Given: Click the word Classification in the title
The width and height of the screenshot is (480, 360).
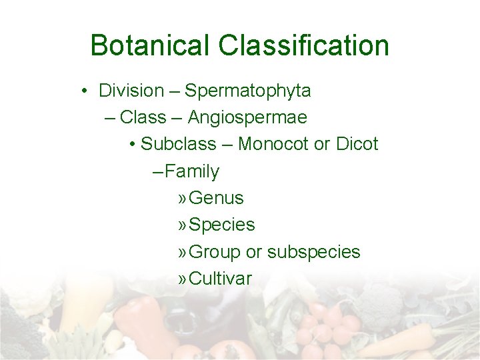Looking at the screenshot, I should (303, 46).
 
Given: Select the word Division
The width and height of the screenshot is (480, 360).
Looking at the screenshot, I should (131, 90).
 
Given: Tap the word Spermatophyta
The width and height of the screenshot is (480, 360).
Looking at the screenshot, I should (247, 90).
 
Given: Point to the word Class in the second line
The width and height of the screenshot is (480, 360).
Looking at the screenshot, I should (143, 117).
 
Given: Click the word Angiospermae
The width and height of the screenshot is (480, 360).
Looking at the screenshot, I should (247, 117).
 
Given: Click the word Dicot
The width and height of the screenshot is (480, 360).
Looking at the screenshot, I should (357, 144).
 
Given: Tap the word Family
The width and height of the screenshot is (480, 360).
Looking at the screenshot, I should (192, 171).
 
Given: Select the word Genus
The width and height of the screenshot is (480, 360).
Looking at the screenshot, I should (217, 198).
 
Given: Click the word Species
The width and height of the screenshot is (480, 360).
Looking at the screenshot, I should (222, 225).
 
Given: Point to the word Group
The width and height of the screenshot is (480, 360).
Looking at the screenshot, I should (215, 252).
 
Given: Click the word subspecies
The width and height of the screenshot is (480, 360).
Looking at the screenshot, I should (313, 252).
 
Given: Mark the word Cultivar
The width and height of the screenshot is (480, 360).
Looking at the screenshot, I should (221, 279).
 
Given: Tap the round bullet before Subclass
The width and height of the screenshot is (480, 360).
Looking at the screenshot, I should (133, 145).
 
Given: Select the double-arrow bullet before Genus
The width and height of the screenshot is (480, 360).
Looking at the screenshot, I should (182, 199).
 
